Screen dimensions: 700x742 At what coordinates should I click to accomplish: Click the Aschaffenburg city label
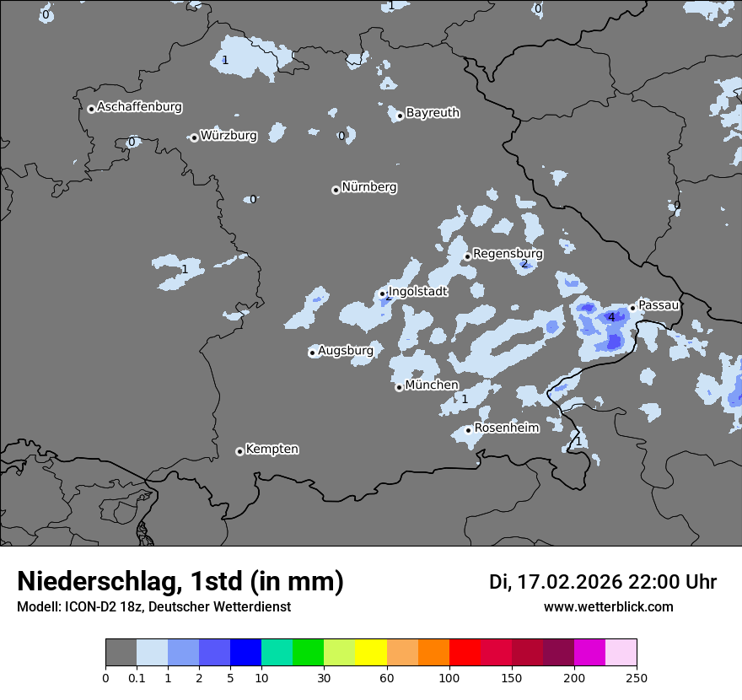[x=139, y=107]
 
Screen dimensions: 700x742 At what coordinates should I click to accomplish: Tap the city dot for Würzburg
[x=194, y=137]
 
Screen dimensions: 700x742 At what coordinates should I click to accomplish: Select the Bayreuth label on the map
[x=433, y=112]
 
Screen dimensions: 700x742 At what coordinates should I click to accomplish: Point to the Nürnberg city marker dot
[x=336, y=190]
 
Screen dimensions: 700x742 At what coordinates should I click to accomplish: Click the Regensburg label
[x=508, y=253]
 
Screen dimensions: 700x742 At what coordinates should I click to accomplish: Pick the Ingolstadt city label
[x=417, y=292]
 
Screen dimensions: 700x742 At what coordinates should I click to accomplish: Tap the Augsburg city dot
[x=312, y=353]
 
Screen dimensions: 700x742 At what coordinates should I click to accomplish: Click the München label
[x=432, y=385]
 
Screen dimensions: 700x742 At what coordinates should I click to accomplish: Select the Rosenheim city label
[x=506, y=428]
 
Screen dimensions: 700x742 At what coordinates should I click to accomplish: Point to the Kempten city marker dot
[x=239, y=451]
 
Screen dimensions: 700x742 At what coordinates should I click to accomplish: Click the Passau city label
[x=659, y=304]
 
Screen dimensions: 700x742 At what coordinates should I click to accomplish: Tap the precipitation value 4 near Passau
[x=611, y=317]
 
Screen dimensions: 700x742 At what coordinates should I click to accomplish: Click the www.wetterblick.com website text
[x=608, y=606]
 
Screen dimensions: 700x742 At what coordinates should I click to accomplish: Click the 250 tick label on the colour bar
[x=637, y=678]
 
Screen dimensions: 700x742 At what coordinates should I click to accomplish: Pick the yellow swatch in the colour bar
[x=371, y=653]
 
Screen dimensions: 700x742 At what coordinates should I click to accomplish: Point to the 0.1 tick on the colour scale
[x=136, y=678]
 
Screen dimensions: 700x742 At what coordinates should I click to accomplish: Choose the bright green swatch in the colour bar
[x=309, y=653]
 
